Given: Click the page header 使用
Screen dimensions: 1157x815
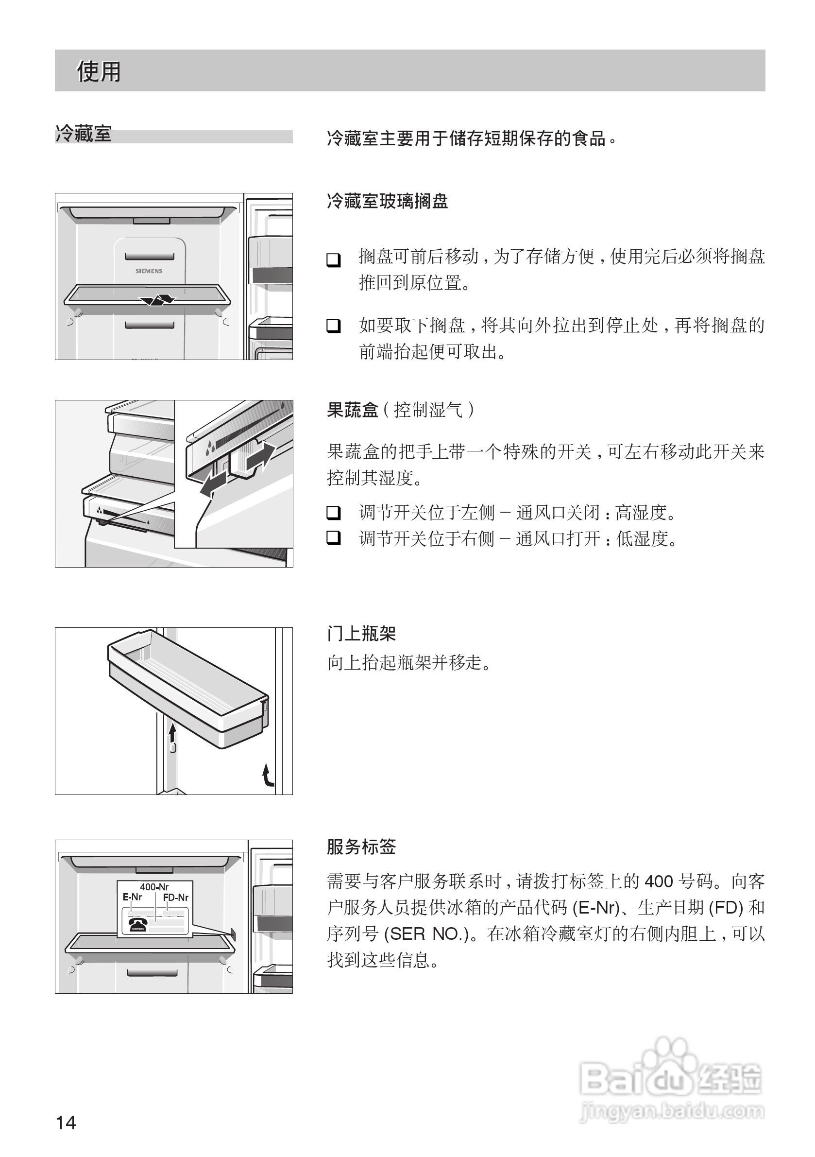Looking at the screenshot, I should (x=99, y=71).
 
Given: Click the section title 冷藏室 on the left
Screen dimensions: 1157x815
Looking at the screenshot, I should (x=83, y=135).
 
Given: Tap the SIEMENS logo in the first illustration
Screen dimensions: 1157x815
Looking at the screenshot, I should (x=149, y=271).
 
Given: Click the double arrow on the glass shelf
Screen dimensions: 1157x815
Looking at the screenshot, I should (x=157, y=300).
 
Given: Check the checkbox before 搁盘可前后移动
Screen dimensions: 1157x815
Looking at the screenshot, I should (x=334, y=260).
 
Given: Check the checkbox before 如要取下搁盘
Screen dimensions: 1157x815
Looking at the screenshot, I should (x=334, y=326).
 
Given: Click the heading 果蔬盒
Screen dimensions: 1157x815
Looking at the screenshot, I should (x=352, y=410).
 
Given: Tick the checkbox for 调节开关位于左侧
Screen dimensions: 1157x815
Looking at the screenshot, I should (x=334, y=513).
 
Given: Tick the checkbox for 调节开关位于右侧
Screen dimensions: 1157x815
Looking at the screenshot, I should (x=334, y=538).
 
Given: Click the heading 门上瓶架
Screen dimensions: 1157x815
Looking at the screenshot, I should (x=361, y=634).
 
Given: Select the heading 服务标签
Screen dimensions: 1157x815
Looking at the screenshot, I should (x=361, y=847).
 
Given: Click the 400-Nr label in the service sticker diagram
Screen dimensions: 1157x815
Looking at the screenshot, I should (x=154, y=887).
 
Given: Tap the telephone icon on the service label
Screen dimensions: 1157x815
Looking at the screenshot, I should (x=137, y=924).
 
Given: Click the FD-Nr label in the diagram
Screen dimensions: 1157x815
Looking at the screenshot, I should (x=176, y=898).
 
